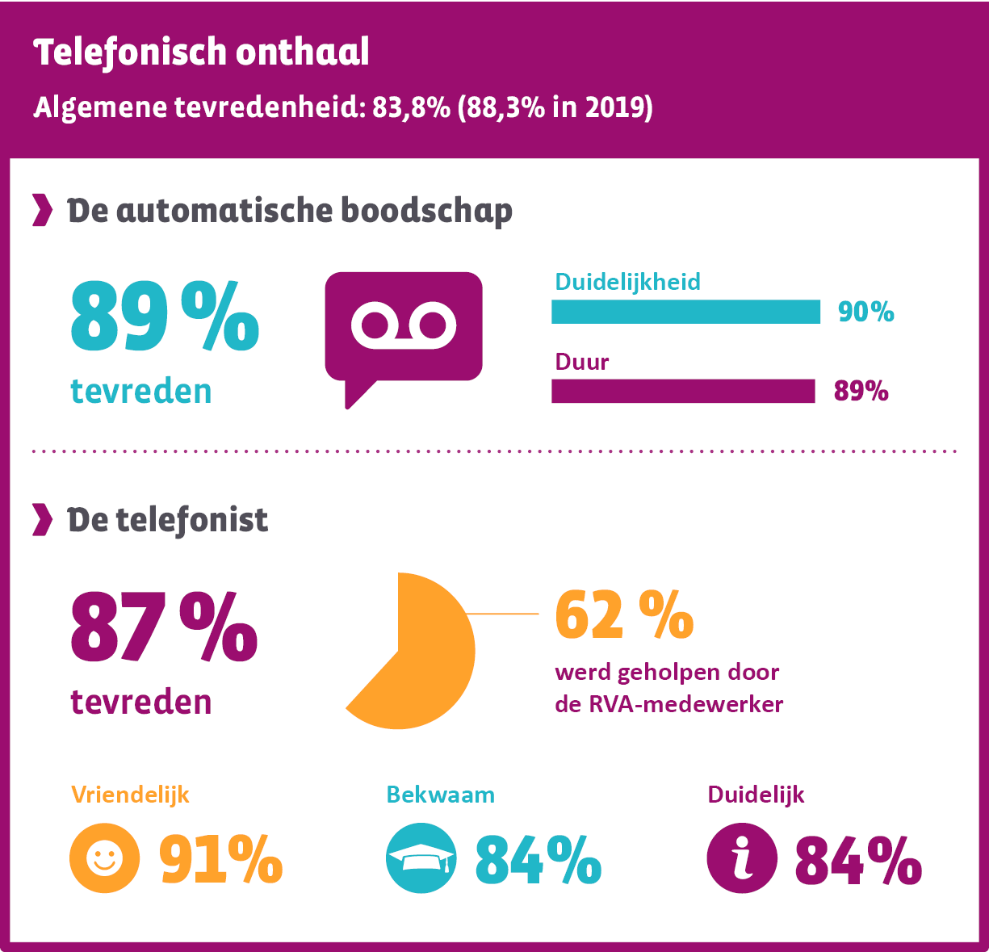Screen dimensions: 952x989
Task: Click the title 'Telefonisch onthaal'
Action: tap(201, 52)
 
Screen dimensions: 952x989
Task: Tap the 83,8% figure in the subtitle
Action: tap(410, 107)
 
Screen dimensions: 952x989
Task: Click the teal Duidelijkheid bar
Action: tap(685, 312)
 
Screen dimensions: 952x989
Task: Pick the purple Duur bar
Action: tap(683, 391)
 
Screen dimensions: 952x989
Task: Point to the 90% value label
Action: tap(865, 312)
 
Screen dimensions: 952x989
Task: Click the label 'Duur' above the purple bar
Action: tap(581, 362)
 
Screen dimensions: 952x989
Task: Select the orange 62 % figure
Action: tap(624, 615)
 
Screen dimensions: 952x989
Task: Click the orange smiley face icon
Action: tap(104, 858)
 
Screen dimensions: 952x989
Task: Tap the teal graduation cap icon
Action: tap(421, 858)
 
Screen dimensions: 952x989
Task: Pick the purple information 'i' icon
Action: tap(742, 858)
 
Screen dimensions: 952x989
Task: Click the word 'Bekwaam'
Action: tap(440, 795)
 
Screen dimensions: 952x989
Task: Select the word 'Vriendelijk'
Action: tap(130, 795)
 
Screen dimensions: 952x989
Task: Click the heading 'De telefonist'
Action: tap(167, 521)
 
